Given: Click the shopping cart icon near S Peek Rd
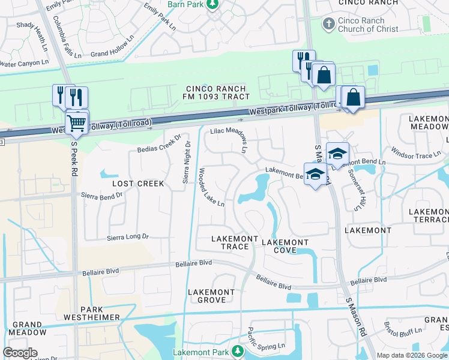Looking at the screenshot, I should [x=77, y=124].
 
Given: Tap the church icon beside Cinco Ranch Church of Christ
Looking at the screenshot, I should [x=328, y=23].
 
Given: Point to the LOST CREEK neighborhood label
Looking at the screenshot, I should [x=138, y=183].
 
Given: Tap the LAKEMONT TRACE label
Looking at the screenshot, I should [x=230, y=242].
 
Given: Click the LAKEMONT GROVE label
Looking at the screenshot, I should [x=211, y=296].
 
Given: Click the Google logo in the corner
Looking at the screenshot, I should [x=20, y=353].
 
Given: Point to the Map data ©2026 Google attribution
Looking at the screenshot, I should [x=412, y=355].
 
